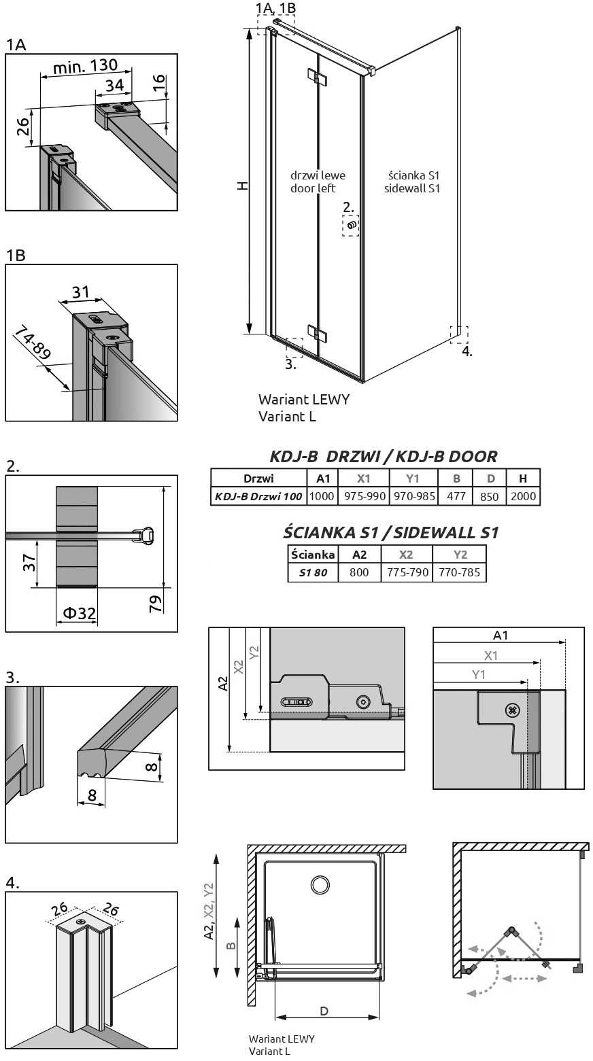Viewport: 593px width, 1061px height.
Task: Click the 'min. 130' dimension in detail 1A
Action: tap(85, 67)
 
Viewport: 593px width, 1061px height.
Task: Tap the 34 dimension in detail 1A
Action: tap(115, 86)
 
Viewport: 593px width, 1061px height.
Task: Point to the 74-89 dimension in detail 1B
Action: tap(33, 342)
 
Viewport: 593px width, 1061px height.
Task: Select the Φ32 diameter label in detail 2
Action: tap(79, 613)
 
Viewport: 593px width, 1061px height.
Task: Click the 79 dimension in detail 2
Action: tap(156, 604)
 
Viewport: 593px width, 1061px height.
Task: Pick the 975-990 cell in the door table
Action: tap(365, 496)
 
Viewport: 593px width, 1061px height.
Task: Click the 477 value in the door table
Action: tap(456, 496)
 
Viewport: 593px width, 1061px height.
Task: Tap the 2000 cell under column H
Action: tap(524, 496)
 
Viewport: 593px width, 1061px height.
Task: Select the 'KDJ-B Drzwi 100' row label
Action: tap(258, 496)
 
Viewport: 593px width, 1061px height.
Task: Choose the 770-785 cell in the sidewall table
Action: tap(459, 572)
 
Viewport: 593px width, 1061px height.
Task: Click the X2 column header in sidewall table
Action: tap(406, 555)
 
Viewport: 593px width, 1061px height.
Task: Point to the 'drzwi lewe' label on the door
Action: tap(318, 175)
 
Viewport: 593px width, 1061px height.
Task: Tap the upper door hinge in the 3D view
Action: tap(317, 77)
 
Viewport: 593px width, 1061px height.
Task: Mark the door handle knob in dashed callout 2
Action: tap(352, 225)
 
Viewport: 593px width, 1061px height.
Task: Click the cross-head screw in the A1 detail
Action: tap(513, 710)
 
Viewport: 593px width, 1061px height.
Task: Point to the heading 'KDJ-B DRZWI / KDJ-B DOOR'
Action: tap(384, 457)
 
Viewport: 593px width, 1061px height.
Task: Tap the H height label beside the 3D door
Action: tap(243, 186)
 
